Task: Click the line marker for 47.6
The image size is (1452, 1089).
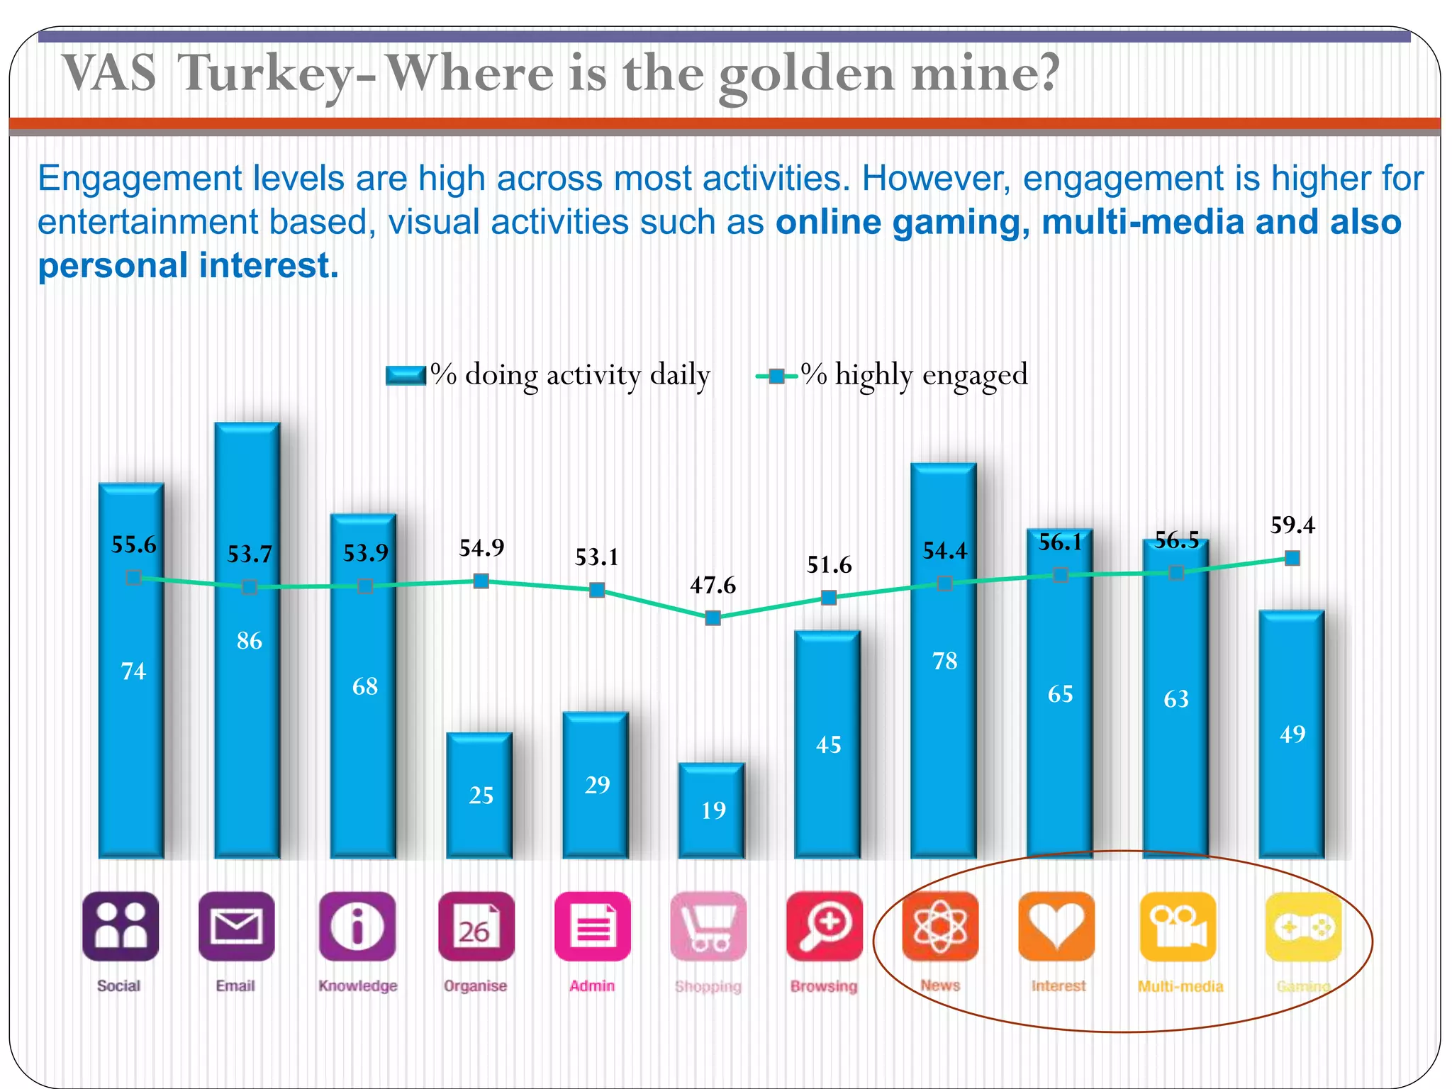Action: pos(713,618)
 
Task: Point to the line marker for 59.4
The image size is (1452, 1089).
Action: pos(1292,559)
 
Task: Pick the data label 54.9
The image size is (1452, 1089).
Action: pos(481,548)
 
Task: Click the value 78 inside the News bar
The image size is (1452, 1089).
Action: pos(944,661)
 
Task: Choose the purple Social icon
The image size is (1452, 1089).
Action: pos(121,926)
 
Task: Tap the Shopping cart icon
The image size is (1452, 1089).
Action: pos(708,926)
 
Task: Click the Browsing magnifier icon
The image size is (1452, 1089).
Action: pos(825,926)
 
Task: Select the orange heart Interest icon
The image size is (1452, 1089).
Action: pos(1056,926)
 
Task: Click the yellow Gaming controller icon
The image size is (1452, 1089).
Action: pos(1303,926)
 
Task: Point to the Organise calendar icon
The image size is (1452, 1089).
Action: pos(476,926)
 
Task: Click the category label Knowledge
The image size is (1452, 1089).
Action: pos(358,985)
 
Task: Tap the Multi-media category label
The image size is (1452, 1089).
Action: pos(1180,986)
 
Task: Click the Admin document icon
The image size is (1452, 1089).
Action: pos(592,926)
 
